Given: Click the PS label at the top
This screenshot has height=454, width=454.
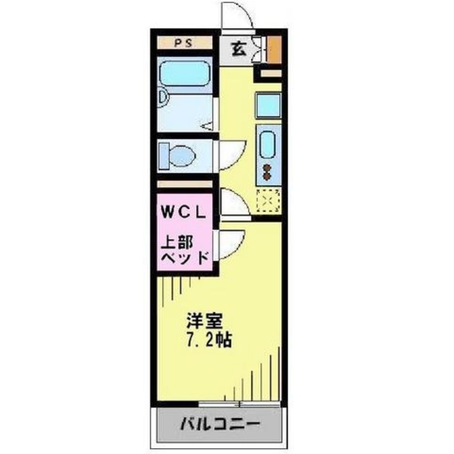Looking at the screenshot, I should coord(184,43).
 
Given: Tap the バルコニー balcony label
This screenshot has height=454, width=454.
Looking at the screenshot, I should coord(221,426).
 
